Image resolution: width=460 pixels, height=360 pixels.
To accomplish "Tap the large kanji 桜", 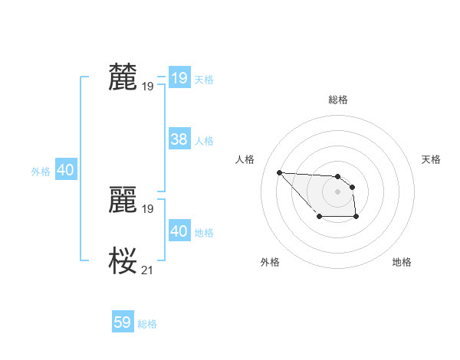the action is coord(123,261).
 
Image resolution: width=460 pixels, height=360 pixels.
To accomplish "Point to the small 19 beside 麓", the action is coord(148,87).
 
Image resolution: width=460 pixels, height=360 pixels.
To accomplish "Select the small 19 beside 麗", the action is coord(148,208).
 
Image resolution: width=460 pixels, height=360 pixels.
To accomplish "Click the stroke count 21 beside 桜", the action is coord(148,270).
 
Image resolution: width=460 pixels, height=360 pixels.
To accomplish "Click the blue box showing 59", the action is coord(123,322).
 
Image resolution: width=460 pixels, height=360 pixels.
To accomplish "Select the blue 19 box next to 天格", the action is coord(179,77).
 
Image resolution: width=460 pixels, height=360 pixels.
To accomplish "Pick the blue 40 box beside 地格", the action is coord(179,231).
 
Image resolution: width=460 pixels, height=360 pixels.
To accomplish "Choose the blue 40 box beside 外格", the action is coord(65,170).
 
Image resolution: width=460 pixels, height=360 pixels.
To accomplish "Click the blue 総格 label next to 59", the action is coord(148,324).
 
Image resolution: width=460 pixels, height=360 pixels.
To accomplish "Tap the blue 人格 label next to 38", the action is coord(204,141).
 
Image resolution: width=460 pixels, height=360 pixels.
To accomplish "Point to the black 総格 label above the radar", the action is coord(337,100).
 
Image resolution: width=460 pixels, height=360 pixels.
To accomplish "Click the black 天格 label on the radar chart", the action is coord(431,159).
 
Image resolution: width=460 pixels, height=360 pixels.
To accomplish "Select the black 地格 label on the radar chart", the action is coord(402,263).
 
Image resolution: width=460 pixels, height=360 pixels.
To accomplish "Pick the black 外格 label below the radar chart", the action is coord(270,263).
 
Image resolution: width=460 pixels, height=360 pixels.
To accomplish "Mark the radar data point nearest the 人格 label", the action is coord(279,172).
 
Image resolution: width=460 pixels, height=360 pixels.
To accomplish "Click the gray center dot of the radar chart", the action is coord(337,191).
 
